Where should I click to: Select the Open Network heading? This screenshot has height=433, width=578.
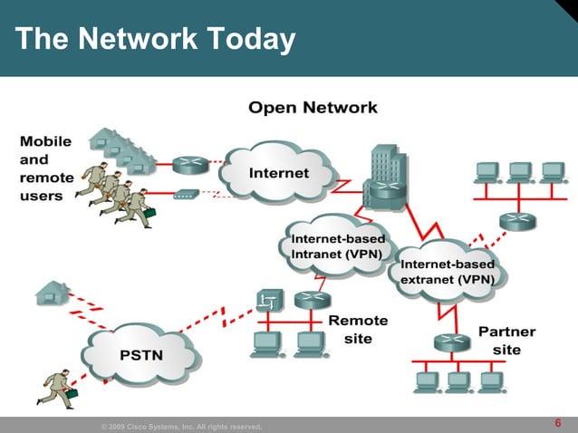(313, 108)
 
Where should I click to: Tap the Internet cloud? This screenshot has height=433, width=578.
(278, 172)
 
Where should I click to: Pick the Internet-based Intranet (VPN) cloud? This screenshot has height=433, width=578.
(337, 245)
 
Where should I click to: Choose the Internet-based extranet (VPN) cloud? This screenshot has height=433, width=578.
(448, 271)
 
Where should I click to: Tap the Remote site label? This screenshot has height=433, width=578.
(357, 329)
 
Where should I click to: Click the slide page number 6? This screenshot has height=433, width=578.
(557, 423)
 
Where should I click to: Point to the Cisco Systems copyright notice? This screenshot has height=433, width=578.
(181, 426)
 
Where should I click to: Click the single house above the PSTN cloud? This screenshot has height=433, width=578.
(52, 292)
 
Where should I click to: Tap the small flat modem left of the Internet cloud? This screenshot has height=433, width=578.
(187, 194)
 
